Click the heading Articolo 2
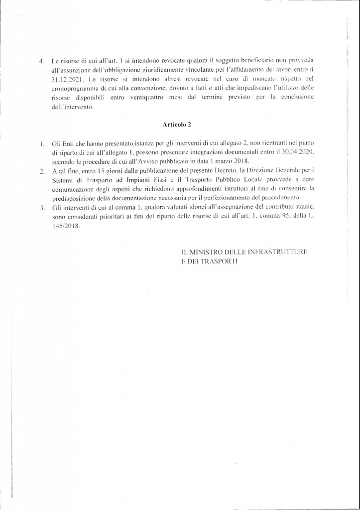(x=177, y=125)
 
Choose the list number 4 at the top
(x=42, y=62)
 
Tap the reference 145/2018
(x=65, y=225)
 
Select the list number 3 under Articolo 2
(x=42, y=207)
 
